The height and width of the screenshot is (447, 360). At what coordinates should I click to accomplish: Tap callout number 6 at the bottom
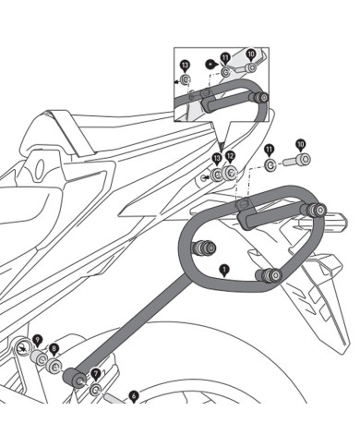pyautogui.click(x=134, y=394)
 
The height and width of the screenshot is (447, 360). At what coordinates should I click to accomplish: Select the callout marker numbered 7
pyautogui.click(x=95, y=373)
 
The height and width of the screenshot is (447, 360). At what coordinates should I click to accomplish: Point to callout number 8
pyautogui.click(x=54, y=349)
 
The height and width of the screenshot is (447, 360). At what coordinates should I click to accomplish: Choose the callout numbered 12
pyautogui.click(x=231, y=157)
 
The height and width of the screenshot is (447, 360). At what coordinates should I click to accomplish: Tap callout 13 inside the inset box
pyautogui.click(x=184, y=65)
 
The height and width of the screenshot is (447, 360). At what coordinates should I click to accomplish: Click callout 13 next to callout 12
pyautogui.click(x=217, y=158)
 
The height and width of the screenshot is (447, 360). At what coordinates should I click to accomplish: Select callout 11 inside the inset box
pyautogui.click(x=224, y=57)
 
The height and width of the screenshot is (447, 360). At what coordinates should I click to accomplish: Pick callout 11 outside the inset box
pyautogui.click(x=270, y=149)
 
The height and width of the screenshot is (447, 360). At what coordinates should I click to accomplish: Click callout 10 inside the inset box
pyautogui.click(x=250, y=55)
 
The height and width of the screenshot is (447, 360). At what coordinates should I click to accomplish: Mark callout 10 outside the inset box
pyautogui.click(x=300, y=145)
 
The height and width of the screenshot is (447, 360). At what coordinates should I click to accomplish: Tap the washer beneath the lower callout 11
pyautogui.click(x=270, y=165)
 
